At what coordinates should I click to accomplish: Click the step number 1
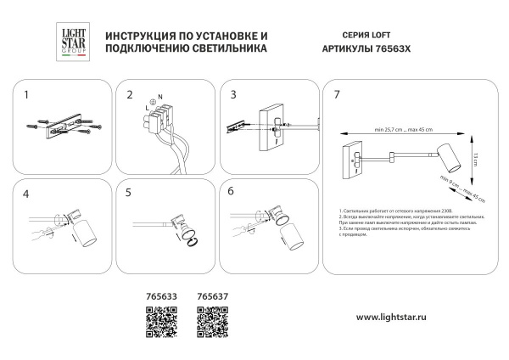point(26,95)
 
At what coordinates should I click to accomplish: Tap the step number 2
point(130,95)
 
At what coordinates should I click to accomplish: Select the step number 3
point(233,95)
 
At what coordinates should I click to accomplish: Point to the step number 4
point(26,194)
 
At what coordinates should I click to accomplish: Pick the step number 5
point(130,194)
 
